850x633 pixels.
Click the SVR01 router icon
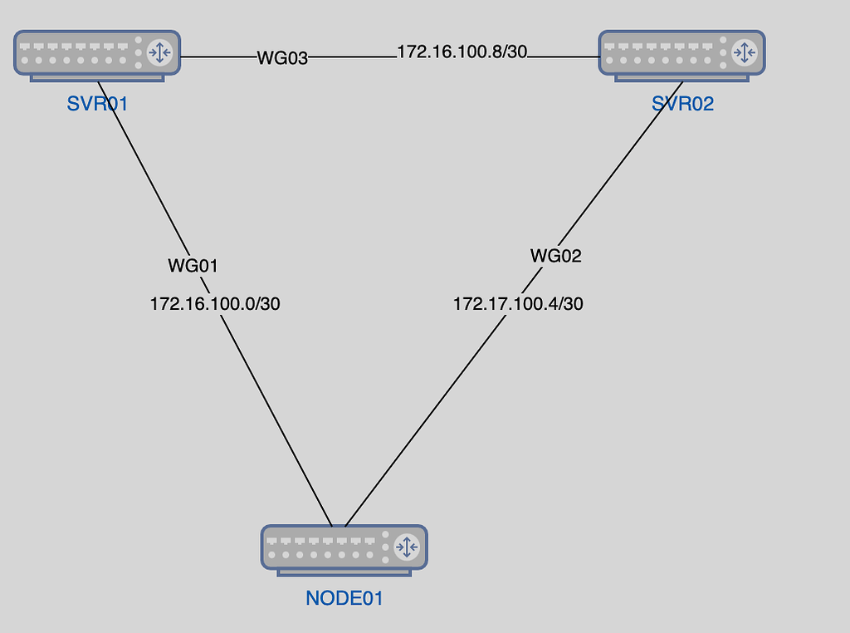tap(97, 53)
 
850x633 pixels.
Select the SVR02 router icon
tap(681, 53)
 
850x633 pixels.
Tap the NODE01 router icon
tap(344, 547)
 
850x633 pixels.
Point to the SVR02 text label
tap(682, 104)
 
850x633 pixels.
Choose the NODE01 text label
tap(344, 597)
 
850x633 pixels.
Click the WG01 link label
tap(193, 266)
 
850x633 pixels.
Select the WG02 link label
tap(556, 256)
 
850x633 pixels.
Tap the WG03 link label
tap(282, 58)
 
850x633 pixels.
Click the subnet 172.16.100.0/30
tap(215, 304)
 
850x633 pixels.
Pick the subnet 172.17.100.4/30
tap(518, 304)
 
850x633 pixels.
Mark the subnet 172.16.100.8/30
tap(462, 52)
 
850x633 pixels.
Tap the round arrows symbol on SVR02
tap(743, 53)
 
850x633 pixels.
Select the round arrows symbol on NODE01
tap(406, 547)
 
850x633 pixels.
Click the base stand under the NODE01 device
tap(344, 572)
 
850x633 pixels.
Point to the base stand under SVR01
tap(97, 79)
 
